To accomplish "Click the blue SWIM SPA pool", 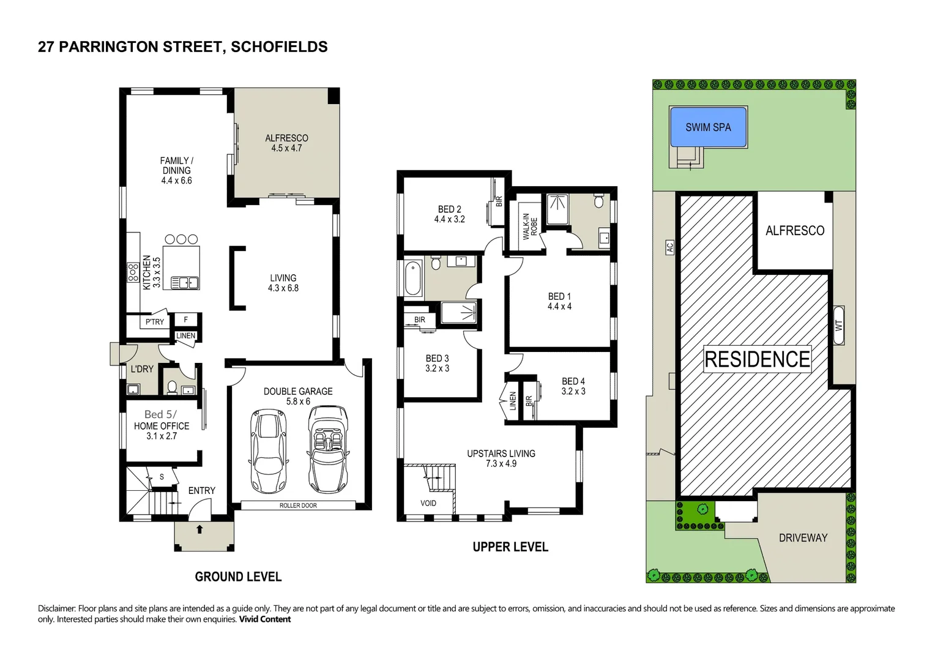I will (x=708, y=127).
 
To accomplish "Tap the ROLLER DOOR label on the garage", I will (x=298, y=506).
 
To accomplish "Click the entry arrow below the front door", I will (x=199, y=529).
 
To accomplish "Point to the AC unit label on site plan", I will (x=670, y=247).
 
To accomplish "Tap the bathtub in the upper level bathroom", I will (x=413, y=279).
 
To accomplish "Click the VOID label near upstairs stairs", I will (x=428, y=503).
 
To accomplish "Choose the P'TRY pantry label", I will (x=154, y=322).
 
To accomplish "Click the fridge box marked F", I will (x=186, y=319).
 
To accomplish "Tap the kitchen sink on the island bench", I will (x=185, y=282).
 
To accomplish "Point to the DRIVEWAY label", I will (x=803, y=538).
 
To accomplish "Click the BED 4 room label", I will (x=573, y=386).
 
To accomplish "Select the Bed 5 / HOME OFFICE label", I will (x=162, y=425).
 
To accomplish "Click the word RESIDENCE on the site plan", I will (x=757, y=359).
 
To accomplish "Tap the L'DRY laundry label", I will (x=142, y=369).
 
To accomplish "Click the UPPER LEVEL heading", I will (x=510, y=547).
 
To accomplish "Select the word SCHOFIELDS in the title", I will (x=279, y=47).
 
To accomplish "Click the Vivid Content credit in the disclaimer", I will (x=264, y=619).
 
